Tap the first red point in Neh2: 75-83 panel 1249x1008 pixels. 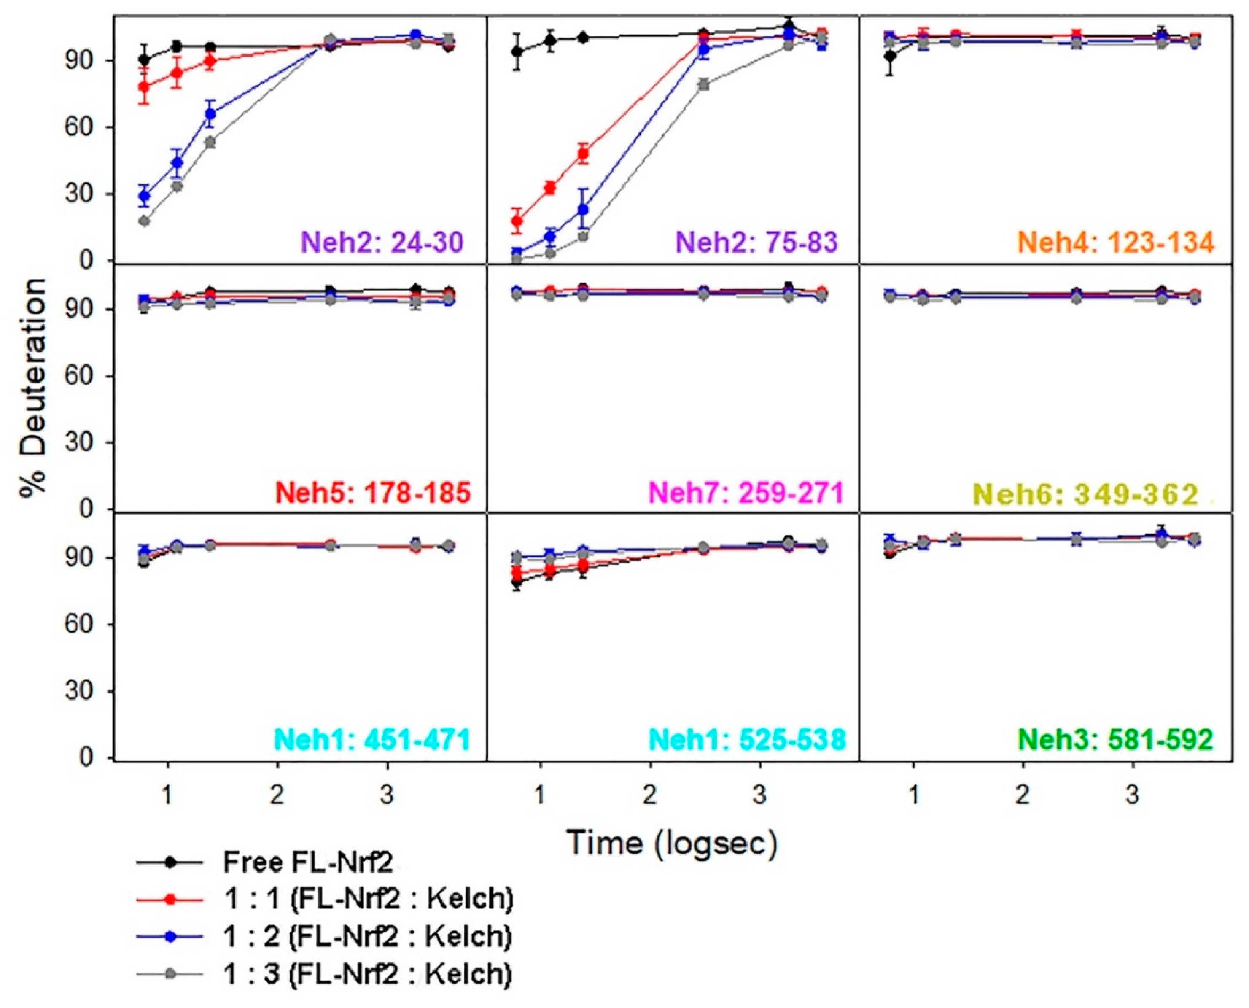click(x=517, y=221)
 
